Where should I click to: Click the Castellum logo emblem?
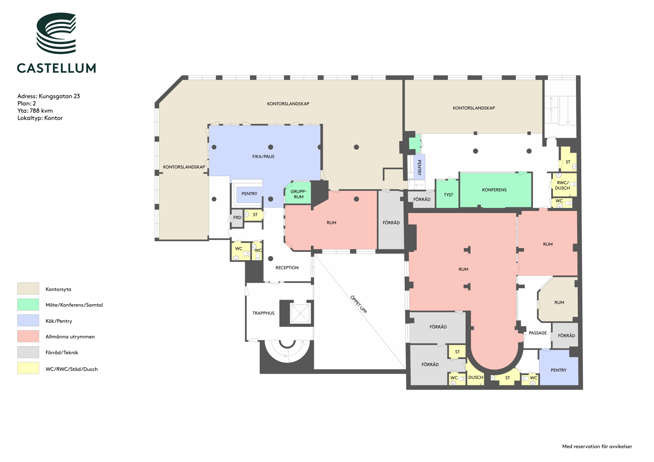click(56, 33)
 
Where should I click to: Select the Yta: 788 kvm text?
click(35, 110)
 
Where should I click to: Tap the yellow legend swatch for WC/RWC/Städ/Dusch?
click(28, 368)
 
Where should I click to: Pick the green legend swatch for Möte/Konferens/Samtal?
click(28, 305)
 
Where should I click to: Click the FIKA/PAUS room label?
click(263, 156)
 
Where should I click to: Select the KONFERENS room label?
click(494, 190)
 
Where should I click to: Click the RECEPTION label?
click(287, 267)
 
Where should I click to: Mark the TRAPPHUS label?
click(263, 313)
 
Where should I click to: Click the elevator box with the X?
click(300, 313)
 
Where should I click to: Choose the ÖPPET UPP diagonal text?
click(358, 304)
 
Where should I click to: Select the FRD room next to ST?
click(237, 218)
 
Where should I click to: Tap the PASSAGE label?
click(538, 333)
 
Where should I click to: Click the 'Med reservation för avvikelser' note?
click(597, 446)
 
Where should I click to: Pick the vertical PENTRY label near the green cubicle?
click(419, 167)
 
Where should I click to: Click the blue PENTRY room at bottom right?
click(558, 367)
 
